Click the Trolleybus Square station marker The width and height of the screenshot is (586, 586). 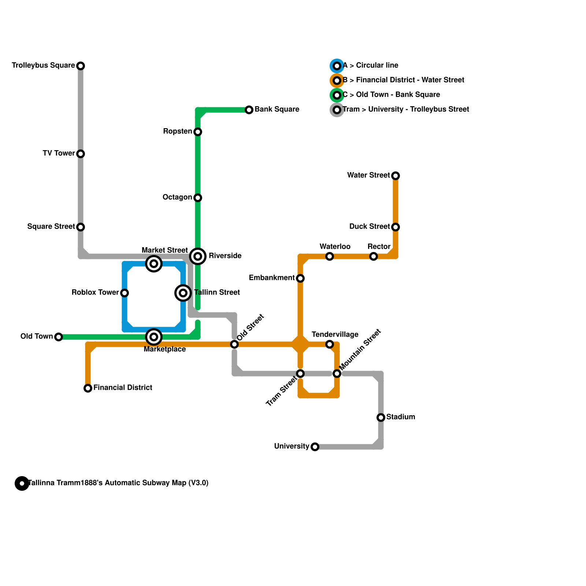tap(81, 66)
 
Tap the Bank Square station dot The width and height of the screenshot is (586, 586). tap(249, 110)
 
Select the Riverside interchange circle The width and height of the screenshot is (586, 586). tap(198, 256)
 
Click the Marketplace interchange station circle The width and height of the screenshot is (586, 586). tap(154, 337)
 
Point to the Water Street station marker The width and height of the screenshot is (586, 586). tap(396, 176)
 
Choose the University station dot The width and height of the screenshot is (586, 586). tap(315, 447)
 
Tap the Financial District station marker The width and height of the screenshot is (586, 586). tap(88, 388)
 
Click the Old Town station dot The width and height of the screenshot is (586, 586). tap(59, 337)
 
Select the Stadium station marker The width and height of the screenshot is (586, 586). tap(381, 418)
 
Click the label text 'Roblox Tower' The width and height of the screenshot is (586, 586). tap(95, 293)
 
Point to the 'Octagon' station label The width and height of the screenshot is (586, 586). tap(177, 197)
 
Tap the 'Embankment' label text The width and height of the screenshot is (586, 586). tap(272, 278)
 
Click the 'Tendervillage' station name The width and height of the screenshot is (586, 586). tap(335, 335)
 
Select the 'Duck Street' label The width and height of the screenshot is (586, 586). tap(370, 227)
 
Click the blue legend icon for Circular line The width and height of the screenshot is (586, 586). tap(337, 66)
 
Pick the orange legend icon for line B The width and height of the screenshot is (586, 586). tap(337, 81)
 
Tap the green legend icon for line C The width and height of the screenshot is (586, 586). tap(337, 95)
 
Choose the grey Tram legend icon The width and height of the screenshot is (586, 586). tap(337, 110)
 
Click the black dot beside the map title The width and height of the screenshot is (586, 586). tap(22, 483)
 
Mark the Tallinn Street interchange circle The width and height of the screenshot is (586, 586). tap(183, 293)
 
